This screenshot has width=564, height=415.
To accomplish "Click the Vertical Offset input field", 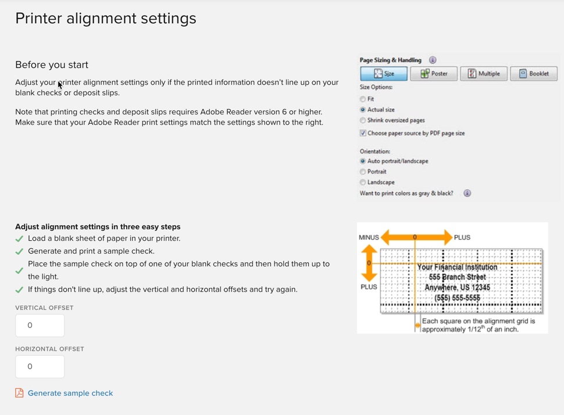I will (x=40, y=326).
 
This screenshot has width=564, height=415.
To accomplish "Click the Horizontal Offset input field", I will (x=40, y=367).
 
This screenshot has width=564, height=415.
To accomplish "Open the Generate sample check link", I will (x=70, y=393).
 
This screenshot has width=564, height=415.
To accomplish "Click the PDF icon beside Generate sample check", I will (x=19, y=393).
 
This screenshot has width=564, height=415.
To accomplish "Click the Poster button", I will (x=434, y=74).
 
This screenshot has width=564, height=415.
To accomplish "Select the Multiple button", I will (x=484, y=74).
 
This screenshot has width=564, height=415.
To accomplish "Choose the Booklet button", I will (x=533, y=74).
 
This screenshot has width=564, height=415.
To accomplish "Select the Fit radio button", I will (x=363, y=99).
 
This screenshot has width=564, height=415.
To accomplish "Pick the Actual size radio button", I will (x=363, y=110).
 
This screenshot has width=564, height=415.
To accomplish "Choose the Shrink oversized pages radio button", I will (x=363, y=120).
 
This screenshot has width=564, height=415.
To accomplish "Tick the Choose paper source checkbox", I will (x=363, y=133).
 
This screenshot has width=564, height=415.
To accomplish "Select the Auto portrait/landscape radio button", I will (x=363, y=161).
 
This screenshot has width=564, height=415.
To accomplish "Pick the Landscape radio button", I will (x=363, y=182).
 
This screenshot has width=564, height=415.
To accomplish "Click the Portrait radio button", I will (x=363, y=172).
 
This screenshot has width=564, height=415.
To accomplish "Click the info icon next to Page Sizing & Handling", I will (x=433, y=60).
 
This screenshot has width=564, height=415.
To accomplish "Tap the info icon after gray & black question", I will (x=467, y=193).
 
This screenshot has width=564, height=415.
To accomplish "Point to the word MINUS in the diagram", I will (x=369, y=237).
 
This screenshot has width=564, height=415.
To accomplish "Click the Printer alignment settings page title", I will (x=106, y=19).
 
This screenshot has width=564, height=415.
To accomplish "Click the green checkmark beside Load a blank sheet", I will (x=19, y=239).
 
